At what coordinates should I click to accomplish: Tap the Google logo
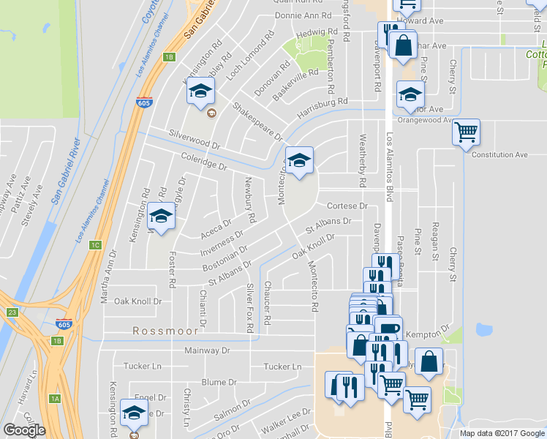pyautogui.click(x=24, y=430)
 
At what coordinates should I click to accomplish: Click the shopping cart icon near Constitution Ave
pyautogui.click(x=466, y=132)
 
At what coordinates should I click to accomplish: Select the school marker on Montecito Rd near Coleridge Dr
pyautogui.click(x=298, y=160)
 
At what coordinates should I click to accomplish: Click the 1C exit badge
pyautogui.click(x=95, y=245)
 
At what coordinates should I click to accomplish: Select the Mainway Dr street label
pyautogui.click(x=206, y=350)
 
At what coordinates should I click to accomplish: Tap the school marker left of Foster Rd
pyautogui.click(x=161, y=216)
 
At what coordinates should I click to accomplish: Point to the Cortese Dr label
pyautogui.click(x=347, y=206)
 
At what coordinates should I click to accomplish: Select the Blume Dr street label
pyautogui.click(x=219, y=382)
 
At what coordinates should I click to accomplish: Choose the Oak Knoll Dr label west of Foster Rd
pyautogui.click(x=137, y=301)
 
